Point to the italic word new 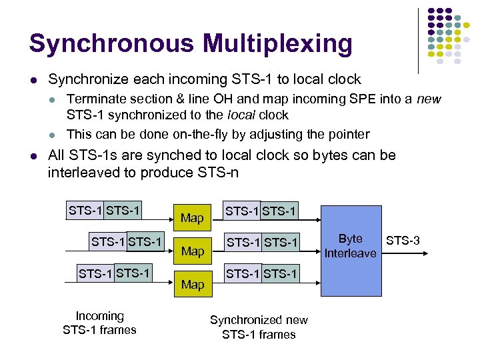click(x=429, y=99)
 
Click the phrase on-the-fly click(x=203, y=134)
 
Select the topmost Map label click(x=192, y=218)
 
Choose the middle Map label click(x=192, y=251)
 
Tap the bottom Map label click(x=192, y=285)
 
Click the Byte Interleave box click(x=350, y=246)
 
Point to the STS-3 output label click(x=403, y=239)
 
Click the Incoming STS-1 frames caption click(x=99, y=323)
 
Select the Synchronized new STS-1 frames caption click(x=259, y=327)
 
